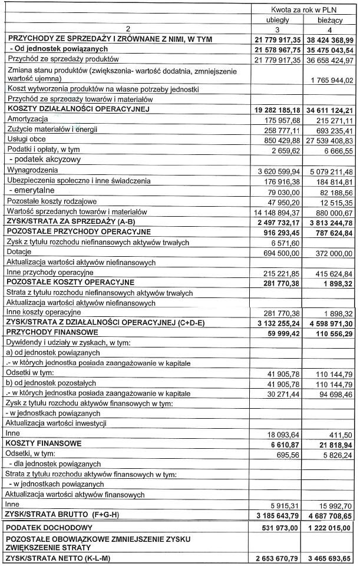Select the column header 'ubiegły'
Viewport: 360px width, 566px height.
tap(278, 20)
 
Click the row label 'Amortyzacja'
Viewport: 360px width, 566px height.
tap(27, 119)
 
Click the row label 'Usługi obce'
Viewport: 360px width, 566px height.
tap(26, 139)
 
